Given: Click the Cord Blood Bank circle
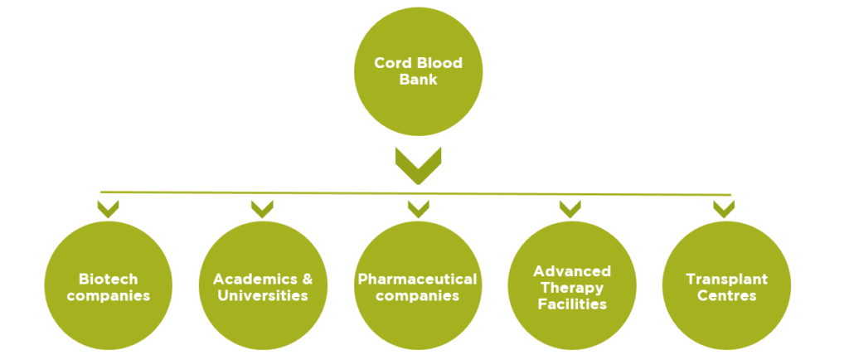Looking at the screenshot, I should click(418, 71).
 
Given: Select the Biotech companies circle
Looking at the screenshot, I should click(108, 286).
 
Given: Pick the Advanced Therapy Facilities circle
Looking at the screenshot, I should click(571, 286).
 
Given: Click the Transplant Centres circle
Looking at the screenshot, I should click(726, 286).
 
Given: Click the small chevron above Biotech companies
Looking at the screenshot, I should click(108, 208).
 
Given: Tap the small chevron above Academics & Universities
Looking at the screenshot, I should click(262, 208).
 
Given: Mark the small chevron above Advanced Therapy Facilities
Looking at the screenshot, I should click(572, 208).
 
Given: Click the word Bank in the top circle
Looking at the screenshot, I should click(418, 80).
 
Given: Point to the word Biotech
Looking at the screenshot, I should click(108, 279).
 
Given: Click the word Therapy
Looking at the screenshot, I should click(571, 287).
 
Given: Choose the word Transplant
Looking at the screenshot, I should click(726, 279).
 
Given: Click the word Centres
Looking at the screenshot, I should click(726, 295).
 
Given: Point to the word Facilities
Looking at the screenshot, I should click(571, 304).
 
